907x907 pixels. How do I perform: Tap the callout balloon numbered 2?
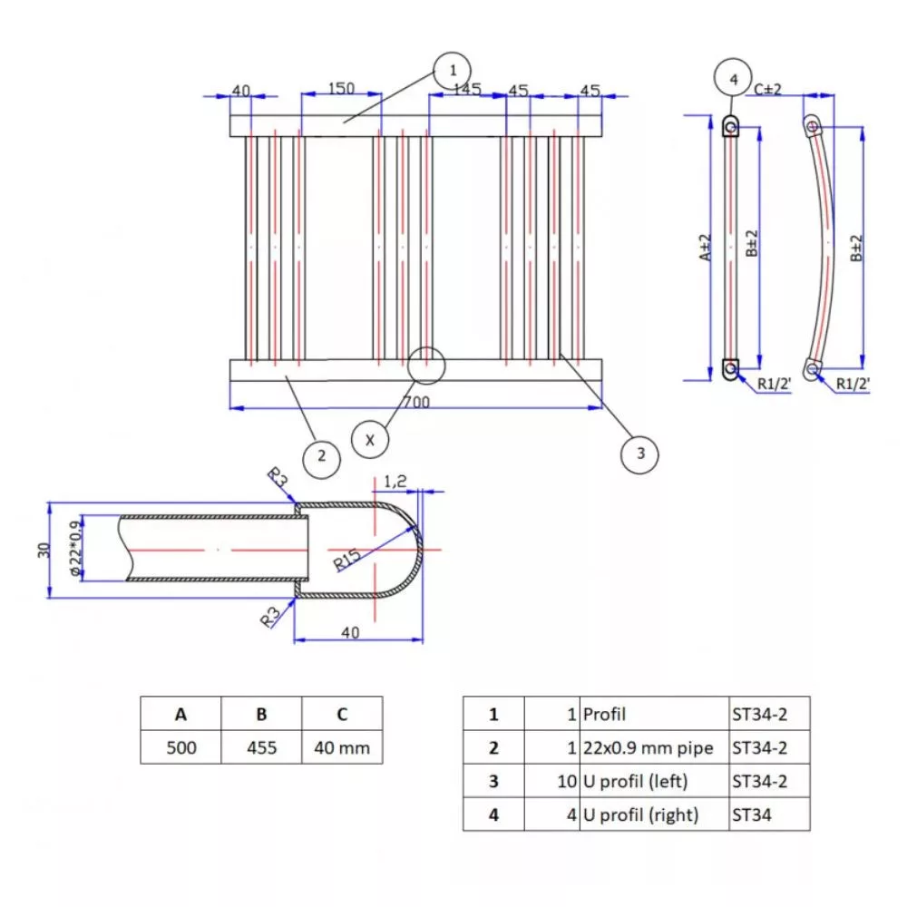320,456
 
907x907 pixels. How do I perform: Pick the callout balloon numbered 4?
733,79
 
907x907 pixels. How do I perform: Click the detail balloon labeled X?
370,440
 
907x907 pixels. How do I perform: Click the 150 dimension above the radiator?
341,89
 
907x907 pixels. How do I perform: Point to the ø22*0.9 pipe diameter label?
76,549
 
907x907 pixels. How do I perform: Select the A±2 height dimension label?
706,247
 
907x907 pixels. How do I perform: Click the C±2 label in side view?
769,88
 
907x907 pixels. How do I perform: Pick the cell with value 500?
180,748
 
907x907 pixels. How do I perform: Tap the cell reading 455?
260,748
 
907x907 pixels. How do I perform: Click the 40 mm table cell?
342,748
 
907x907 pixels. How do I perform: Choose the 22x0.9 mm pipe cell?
648,748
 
